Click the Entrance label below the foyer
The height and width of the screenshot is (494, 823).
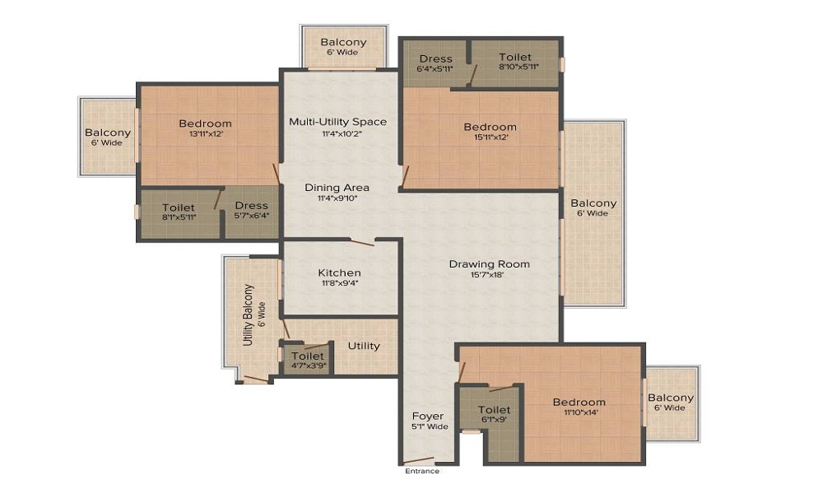coord(421,471)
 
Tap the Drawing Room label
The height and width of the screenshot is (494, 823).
coord(489,264)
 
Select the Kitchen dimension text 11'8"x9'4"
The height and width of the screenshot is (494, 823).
coord(340,284)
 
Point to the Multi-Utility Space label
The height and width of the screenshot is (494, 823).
coord(337,122)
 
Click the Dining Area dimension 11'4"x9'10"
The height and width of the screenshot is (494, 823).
coord(337,198)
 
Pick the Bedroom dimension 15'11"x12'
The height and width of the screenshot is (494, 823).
coord(490,137)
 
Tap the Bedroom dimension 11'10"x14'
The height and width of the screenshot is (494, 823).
coord(579,412)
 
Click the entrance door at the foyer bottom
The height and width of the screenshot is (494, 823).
coord(419,460)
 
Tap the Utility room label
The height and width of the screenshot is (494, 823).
coord(364,346)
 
